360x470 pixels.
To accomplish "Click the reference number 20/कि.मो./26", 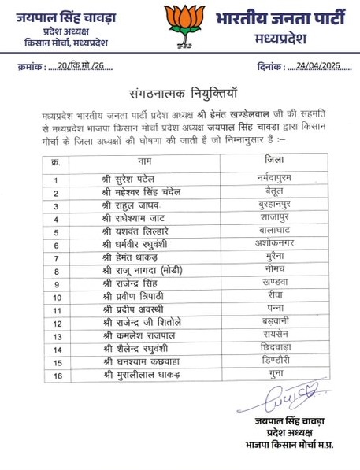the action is pyautogui.click(x=80, y=68).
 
